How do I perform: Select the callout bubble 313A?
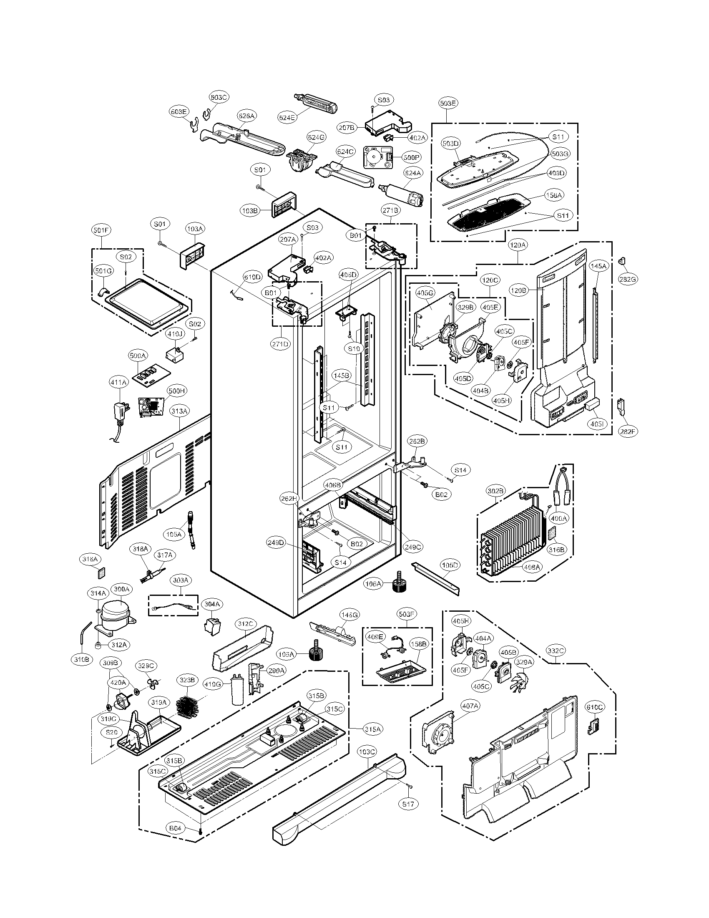pos(179,411)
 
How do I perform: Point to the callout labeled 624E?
pos(287,118)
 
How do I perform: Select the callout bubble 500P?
pos(411,158)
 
